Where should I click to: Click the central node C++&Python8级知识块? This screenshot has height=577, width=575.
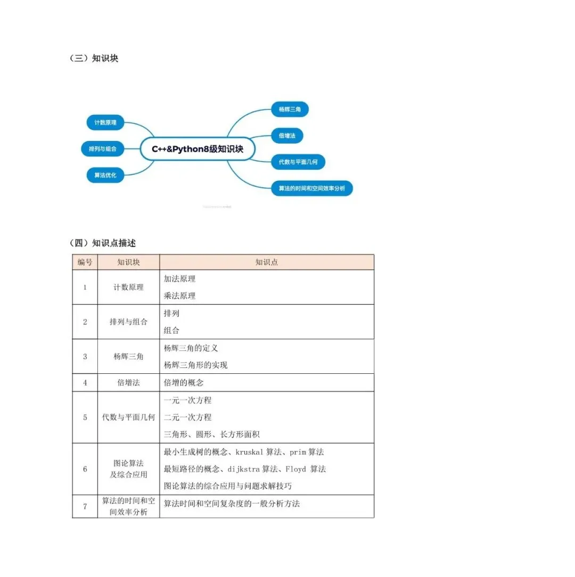(x=198, y=149)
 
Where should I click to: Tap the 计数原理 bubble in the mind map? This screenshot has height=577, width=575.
(x=105, y=123)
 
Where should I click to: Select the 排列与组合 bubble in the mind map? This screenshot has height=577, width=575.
(x=102, y=149)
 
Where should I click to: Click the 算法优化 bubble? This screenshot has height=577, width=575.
(x=105, y=175)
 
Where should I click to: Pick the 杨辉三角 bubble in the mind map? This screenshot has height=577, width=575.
(x=290, y=110)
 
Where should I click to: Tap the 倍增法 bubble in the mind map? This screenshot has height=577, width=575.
(x=287, y=136)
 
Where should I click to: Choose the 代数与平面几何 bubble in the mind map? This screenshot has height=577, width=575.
(x=298, y=162)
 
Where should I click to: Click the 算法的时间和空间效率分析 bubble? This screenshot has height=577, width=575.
(x=311, y=188)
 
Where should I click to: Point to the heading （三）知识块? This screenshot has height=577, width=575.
(x=94, y=58)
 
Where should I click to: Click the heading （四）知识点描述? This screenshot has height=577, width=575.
(x=103, y=243)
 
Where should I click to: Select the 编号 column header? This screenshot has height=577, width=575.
(x=85, y=262)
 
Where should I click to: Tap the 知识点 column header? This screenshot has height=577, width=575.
(x=266, y=262)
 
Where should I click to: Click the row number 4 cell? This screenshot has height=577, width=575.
(x=85, y=383)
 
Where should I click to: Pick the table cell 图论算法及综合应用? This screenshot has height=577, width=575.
(x=128, y=469)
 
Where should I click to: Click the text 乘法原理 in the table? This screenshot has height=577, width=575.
(x=179, y=296)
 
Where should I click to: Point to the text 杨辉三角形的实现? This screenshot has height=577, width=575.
(x=195, y=365)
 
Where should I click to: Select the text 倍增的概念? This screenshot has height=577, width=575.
(x=184, y=383)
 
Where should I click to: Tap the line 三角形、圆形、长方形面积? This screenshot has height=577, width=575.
(x=211, y=434)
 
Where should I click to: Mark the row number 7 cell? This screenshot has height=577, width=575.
(x=85, y=506)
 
